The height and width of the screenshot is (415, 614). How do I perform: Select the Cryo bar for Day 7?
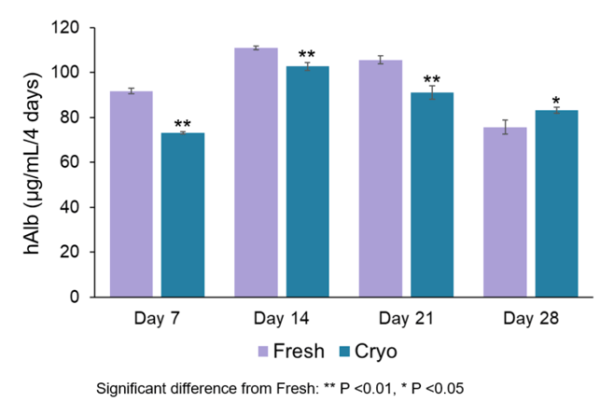pos(183,214)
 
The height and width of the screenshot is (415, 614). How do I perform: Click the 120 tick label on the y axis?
pos(72,28)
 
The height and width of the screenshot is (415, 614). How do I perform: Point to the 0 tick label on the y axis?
pos(80,297)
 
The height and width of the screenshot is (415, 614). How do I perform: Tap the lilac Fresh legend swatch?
pos(266,353)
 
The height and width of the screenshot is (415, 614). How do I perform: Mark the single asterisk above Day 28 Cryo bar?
pos(556,101)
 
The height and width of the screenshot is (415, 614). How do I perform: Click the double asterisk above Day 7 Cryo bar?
pos(183,124)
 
